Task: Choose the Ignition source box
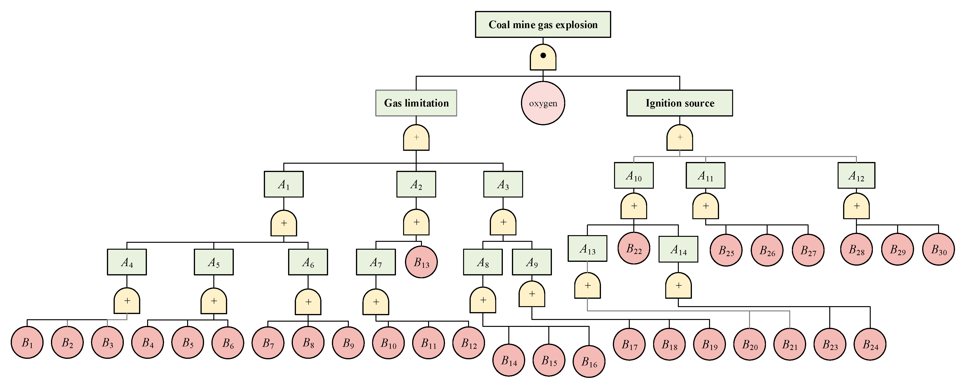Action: point(679,103)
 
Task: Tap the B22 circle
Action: point(634,248)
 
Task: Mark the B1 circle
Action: point(27,342)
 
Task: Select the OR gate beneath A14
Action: point(678,286)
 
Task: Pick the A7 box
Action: point(375,262)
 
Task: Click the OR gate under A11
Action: point(705,206)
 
